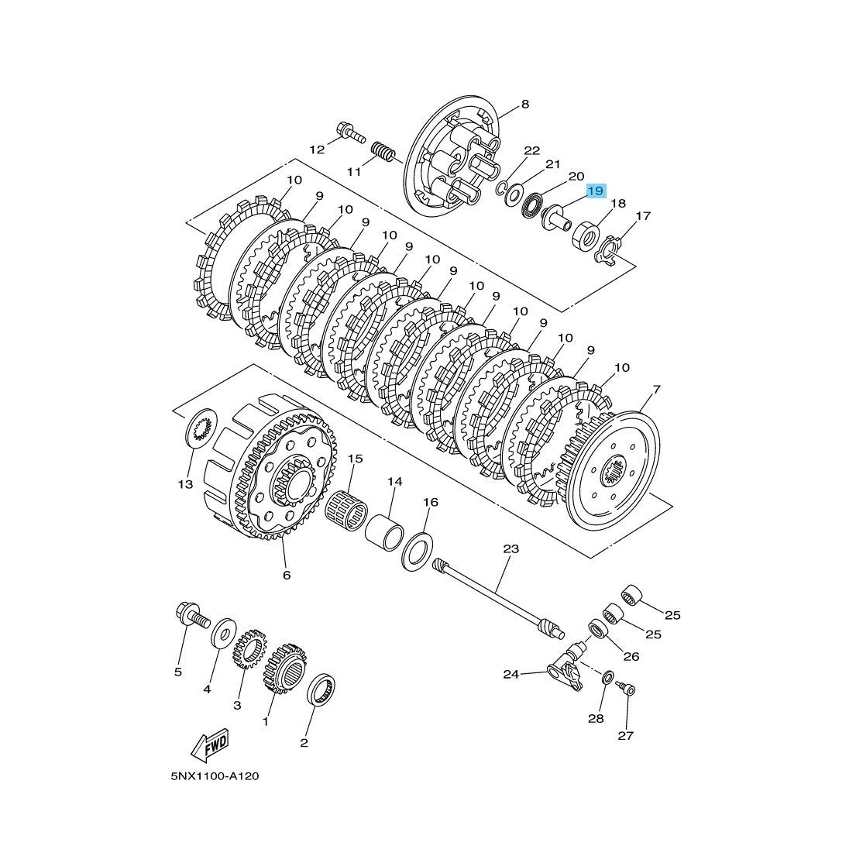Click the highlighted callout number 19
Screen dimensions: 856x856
[x=595, y=191]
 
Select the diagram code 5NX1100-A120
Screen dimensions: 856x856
[x=215, y=777]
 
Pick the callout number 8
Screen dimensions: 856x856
[x=524, y=105]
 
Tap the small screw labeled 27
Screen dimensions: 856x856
[x=626, y=689]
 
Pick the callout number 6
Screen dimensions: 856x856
[x=286, y=576]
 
